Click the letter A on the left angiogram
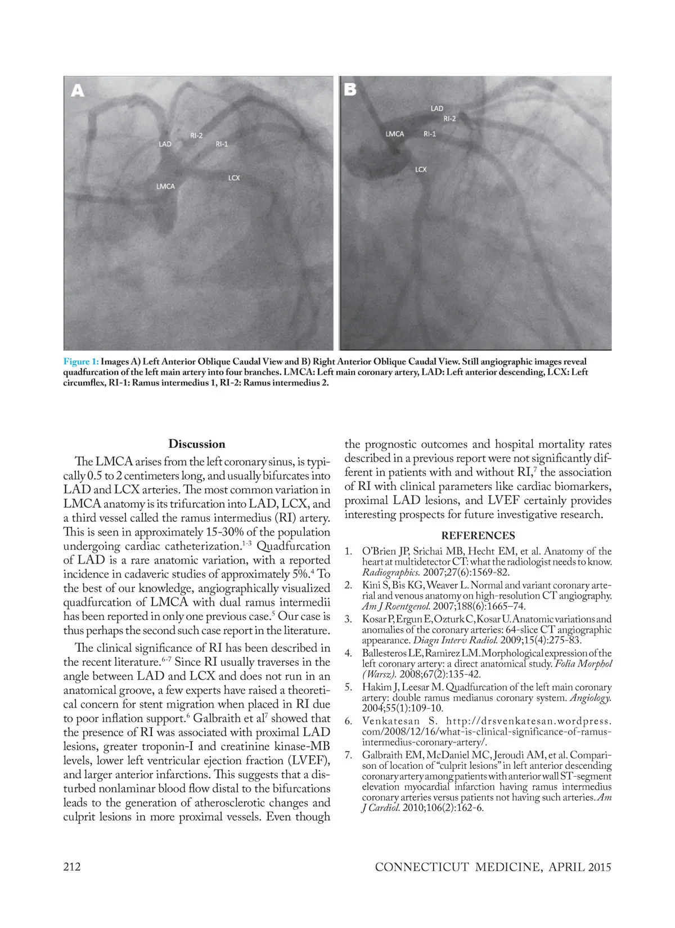click(x=77, y=90)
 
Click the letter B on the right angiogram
click(x=350, y=89)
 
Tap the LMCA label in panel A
click(x=165, y=186)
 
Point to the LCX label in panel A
click(x=234, y=178)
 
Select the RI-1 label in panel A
click(x=222, y=144)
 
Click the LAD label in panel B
click(x=437, y=108)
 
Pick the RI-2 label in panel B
click(x=449, y=119)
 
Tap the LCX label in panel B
click(x=421, y=169)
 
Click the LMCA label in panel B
click(x=395, y=134)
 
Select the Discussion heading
click(x=196, y=444)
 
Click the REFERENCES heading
click(x=478, y=535)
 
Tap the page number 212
click(x=71, y=866)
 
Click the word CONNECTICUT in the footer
click(x=422, y=867)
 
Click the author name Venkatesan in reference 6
click(x=390, y=721)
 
